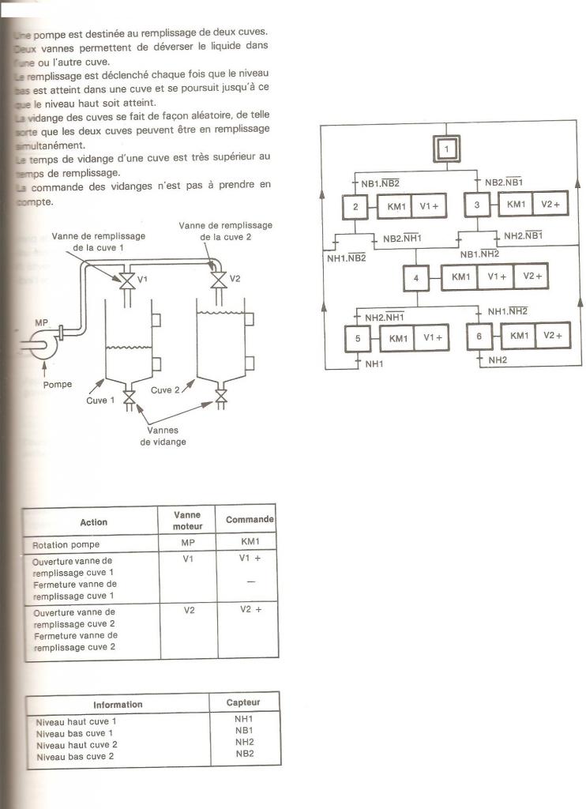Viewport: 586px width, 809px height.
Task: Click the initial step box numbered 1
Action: click(445, 149)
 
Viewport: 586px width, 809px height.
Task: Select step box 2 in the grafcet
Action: click(355, 207)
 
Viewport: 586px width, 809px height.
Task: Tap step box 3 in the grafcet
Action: click(477, 205)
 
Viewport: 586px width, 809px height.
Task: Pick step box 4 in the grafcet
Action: click(416, 278)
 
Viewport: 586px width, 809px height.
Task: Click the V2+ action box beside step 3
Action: click(550, 205)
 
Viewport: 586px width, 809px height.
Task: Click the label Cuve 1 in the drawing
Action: click(101, 401)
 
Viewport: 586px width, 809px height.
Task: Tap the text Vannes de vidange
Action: click(163, 436)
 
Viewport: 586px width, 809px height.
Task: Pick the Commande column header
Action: click(250, 520)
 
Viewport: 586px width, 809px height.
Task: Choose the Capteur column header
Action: click(242, 702)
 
